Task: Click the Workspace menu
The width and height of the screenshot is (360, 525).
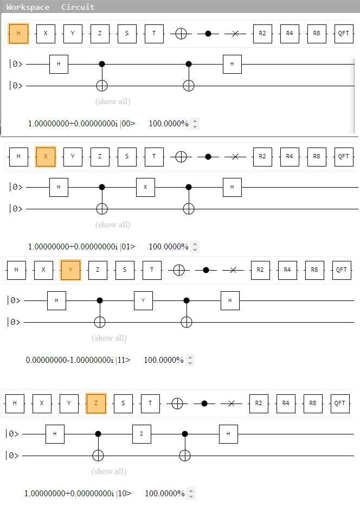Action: pyautogui.click(x=28, y=7)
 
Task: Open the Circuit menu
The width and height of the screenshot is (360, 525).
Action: pyautogui.click(x=78, y=7)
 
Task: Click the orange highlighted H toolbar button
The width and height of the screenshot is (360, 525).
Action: pyautogui.click(x=18, y=34)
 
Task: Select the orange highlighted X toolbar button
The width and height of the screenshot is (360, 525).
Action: pyautogui.click(x=46, y=157)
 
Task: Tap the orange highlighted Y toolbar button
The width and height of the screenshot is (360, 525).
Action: pyautogui.click(x=70, y=270)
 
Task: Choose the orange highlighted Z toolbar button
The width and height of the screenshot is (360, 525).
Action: pyautogui.click(x=96, y=403)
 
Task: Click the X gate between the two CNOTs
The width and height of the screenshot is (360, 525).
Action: pyautogui.click(x=145, y=187)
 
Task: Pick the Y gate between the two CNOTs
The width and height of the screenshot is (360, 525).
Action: pyautogui.click(x=143, y=300)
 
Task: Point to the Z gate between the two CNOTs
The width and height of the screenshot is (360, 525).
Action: pyautogui.click(x=142, y=434)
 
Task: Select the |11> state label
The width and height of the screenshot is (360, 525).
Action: pyautogui.click(x=123, y=360)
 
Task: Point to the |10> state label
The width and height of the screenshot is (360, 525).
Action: pyautogui.click(x=124, y=494)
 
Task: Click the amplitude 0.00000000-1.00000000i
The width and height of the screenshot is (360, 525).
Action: pyautogui.click(x=69, y=360)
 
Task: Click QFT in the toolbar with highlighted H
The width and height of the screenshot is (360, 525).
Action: pyautogui.click(x=343, y=34)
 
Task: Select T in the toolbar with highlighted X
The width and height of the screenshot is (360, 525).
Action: pyautogui.click(x=154, y=157)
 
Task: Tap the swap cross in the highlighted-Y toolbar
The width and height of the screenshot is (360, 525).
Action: pyautogui.click(x=233, y=270)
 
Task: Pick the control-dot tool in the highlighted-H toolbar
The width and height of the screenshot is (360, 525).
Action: pyautogui.click(x=208, y=34)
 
